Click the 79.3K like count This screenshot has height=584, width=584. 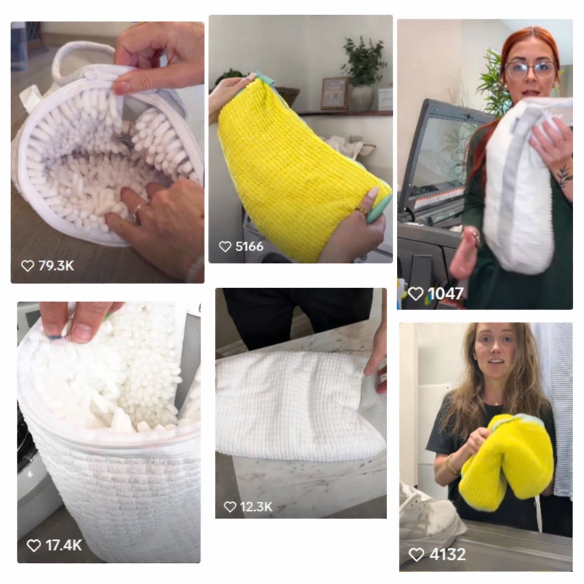pos(56,266)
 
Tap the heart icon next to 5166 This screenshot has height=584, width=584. pos(225,246)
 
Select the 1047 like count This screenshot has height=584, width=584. pos(445,294)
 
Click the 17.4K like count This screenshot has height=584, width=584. pos(64,546)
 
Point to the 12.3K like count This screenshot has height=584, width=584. pos(256,507)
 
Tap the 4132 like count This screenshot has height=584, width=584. pos(447,554)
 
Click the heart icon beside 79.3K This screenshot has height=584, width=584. pos(27,266)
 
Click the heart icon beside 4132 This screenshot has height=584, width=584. pos(416,554)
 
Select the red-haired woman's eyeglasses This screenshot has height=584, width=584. pos(531,70)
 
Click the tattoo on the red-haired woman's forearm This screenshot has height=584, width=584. pos(564,175)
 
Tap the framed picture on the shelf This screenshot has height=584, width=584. pos(335,94)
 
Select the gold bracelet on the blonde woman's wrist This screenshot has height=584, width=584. pos(452,464)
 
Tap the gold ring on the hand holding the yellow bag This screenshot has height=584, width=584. pos(361,211)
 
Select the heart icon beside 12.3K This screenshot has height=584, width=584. pos(230,507)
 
